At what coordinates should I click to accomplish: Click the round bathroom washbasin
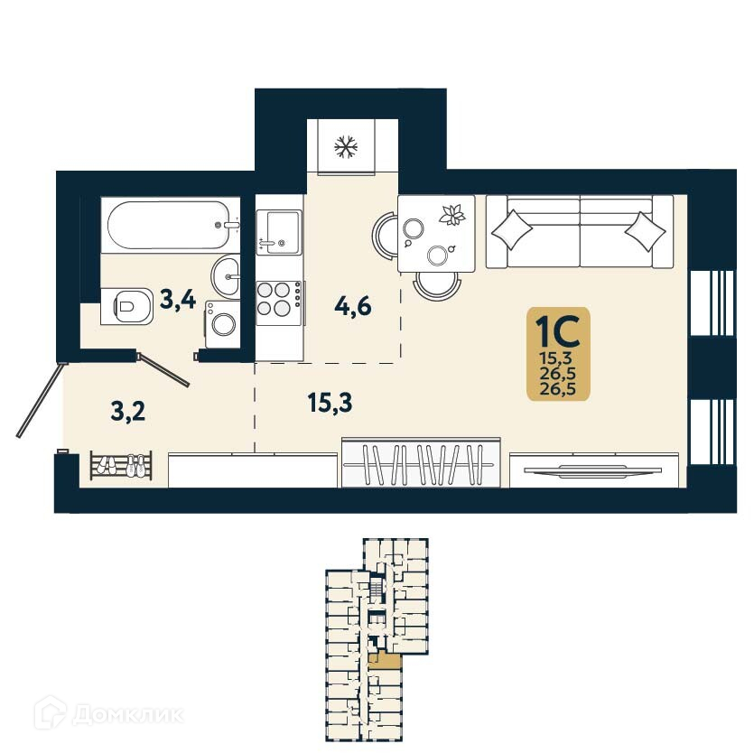pyautogui.click(x=226, y=272)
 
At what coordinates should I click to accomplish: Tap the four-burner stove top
pyautogui.click(x=278, y=299)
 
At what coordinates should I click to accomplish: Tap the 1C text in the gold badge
pyautogui.click(x=557, y=331)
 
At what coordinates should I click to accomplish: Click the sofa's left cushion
pyautogui.click(x=513, y=229)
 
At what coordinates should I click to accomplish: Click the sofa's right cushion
pyautogui.click(x=645, y=229)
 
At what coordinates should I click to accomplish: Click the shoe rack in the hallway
pyautogui.click(x=120, y=466)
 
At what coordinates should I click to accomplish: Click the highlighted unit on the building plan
pyautogui.click(x=386, y=665)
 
